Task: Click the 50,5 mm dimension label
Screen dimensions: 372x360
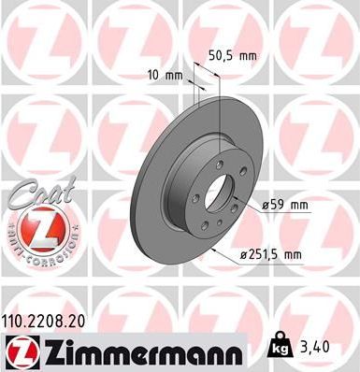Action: coord(230,56)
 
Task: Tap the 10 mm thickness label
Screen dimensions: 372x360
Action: coord(165,74)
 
